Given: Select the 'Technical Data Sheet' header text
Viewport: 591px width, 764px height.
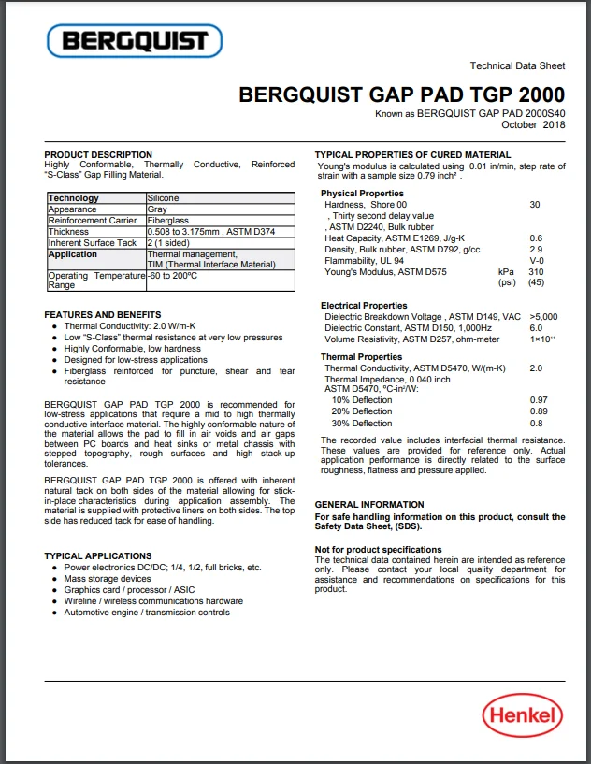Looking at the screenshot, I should pos(517,65).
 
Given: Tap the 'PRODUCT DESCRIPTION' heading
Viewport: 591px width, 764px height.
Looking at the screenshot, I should pos(98,154).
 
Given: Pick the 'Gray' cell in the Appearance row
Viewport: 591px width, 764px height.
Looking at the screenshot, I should pos(157,209).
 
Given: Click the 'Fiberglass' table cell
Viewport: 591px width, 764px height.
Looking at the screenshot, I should pos(167,221).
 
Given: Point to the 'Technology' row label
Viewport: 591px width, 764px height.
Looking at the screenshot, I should pos(74,198).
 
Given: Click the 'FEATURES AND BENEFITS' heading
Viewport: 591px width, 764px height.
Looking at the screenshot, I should pos(103,315).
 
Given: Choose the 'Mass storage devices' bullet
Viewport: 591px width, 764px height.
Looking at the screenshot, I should pos(108,579).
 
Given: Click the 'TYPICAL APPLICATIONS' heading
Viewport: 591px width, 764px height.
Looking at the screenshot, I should pos(98,556).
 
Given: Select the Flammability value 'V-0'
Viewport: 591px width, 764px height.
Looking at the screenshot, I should pos(537,260).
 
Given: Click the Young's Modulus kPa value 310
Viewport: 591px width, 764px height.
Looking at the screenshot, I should pos(536,271).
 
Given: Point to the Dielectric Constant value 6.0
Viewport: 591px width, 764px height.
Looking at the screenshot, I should pos(536,328).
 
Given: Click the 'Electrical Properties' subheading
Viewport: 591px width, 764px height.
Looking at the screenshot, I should pos(364,306).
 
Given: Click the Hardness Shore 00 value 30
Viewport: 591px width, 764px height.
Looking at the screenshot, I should pos(535,204).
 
